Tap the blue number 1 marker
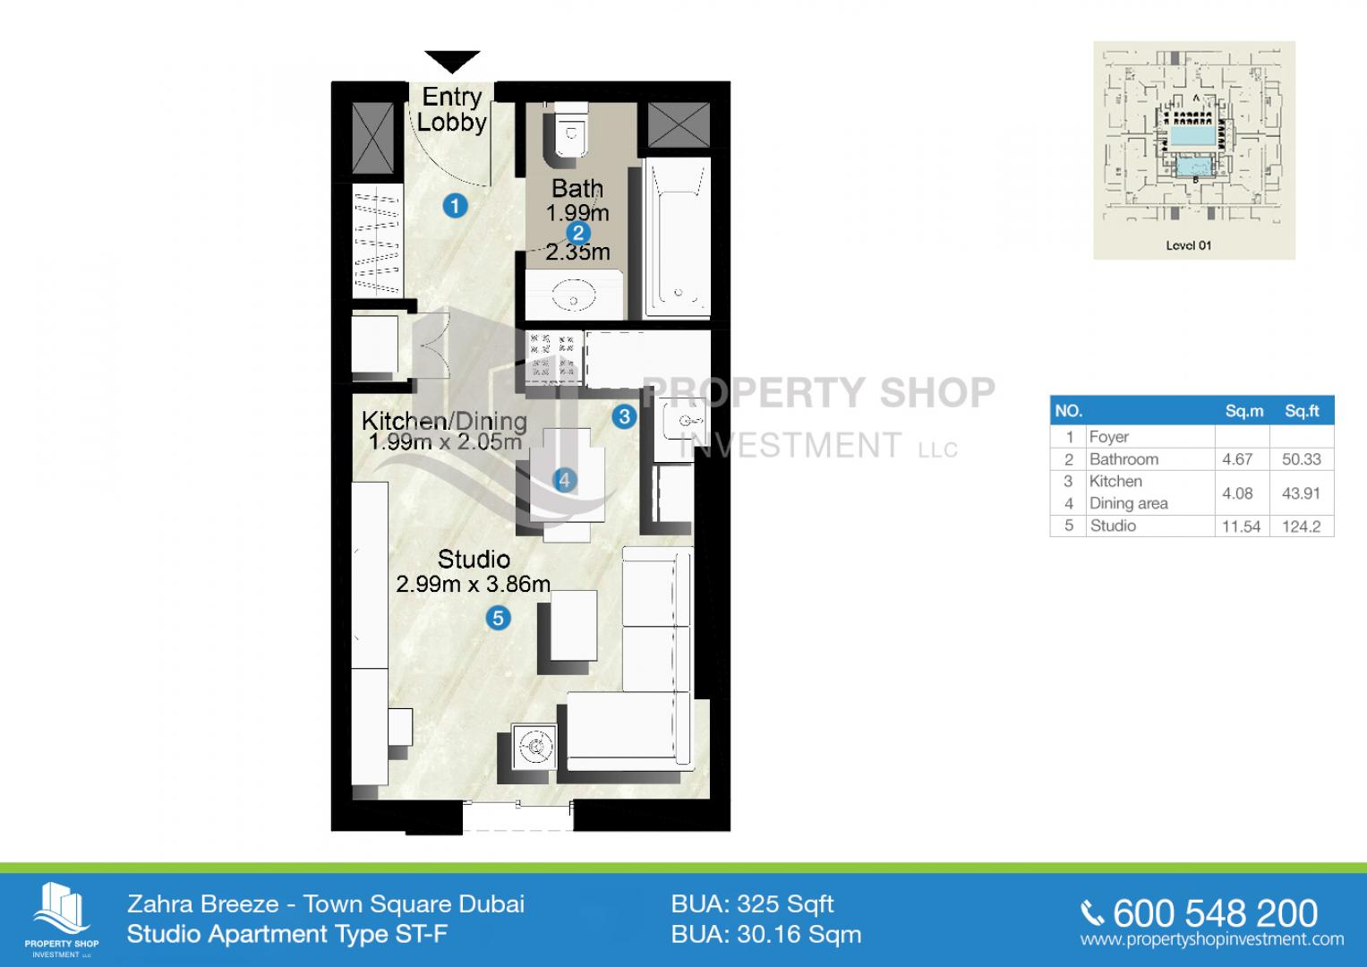click(455, 206)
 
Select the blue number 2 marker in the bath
click(577, 233)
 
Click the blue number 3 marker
click(624, 417)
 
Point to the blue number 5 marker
click(498, 619)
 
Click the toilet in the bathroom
click(570, 134)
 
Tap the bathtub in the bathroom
click(678, 237)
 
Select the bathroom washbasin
click(574, 295)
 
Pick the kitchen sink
click(681, 421)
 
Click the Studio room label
click(474, 560)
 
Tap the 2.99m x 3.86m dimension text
click(473, 584)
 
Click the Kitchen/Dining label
click(444, 420)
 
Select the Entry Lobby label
click(452, 110)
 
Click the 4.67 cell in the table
click(1237, 459)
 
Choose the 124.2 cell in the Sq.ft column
click(1301, 526)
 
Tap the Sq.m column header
click(1244, 411)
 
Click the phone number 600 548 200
click(1215, 914)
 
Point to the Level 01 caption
click(1188, 245)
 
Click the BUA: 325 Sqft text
click(753, 904)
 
